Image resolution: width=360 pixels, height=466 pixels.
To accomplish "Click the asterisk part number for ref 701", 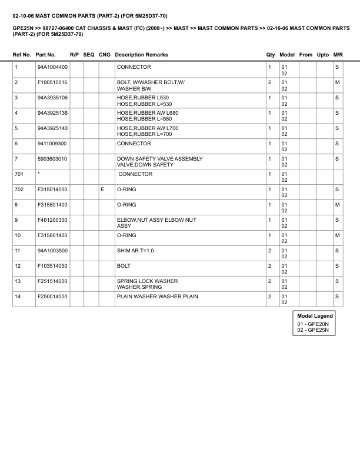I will (38, 174).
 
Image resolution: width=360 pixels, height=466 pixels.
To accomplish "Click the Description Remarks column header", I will (141, 55).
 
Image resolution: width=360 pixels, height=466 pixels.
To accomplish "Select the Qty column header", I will (271, 55).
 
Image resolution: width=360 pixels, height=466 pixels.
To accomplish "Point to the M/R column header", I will (338, 55).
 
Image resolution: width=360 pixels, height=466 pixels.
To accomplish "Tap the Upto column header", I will (323, 55).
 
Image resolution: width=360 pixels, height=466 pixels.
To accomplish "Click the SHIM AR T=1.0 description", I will (135, 251).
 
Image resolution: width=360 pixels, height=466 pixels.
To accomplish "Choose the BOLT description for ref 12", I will (124, 266).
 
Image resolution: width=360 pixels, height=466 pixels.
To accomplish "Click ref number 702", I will (19, 189).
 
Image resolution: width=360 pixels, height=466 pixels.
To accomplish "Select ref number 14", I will (18, 297).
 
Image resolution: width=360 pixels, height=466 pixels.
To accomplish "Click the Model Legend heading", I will (315, 316).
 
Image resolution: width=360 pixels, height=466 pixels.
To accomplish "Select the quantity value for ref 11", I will (269, 251).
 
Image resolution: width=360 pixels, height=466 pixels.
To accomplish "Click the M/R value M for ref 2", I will (337, 82).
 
